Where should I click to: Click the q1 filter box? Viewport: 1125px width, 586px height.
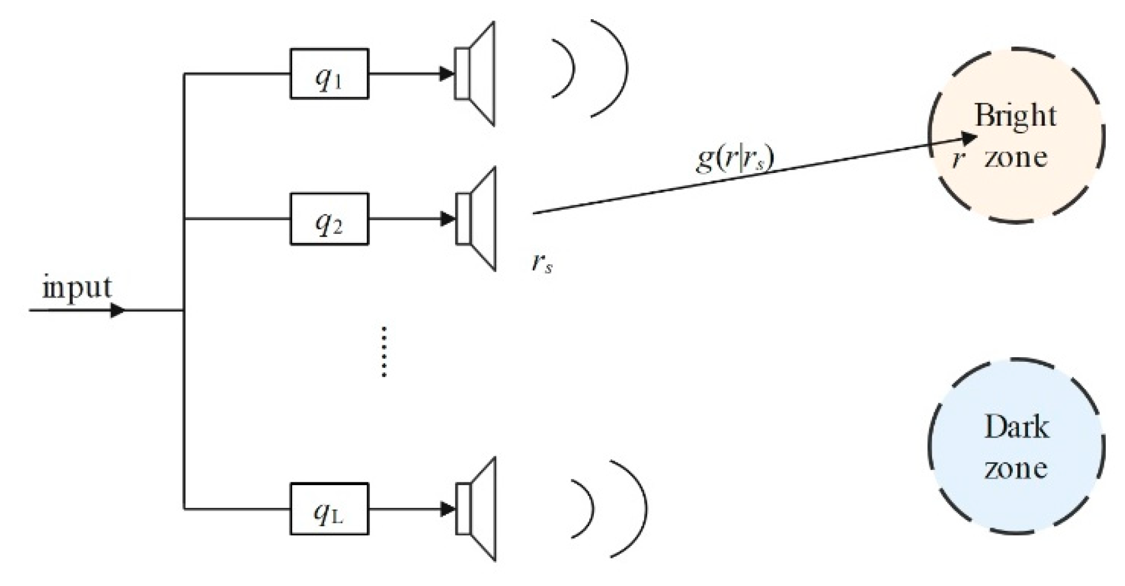coord(329,74)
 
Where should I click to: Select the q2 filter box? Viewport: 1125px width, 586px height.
coord(329,219)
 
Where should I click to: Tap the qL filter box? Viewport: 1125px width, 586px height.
coord(329,509)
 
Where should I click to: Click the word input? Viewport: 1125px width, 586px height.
coord(77,288)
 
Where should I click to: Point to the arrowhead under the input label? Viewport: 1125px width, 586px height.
coord(117,310)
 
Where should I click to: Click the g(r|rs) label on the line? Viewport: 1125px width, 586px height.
coord(735,158)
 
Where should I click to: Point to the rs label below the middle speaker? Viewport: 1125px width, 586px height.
coord(542,263)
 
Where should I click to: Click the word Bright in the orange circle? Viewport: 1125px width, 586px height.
coord(1015,116)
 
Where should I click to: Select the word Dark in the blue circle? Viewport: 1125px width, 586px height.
coord(1016,427)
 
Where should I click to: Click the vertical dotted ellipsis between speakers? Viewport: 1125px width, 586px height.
coord(384,351)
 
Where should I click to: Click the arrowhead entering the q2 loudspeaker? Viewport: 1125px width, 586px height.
coord(447,219)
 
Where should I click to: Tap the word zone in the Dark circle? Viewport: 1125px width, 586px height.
coord(1016,469)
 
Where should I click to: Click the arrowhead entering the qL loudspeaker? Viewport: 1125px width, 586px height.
coord(447,509)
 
